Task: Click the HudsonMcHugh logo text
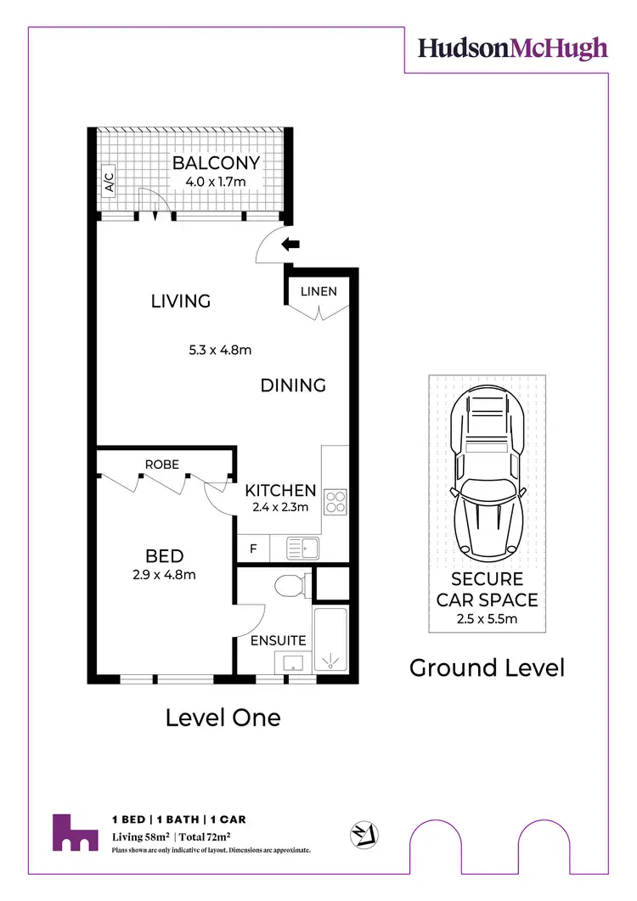(x=513, y=48)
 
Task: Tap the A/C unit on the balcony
(x=109, y=183)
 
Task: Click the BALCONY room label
(x=216, y=163)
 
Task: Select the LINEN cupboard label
(x=318, y=291)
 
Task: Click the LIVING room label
(x=181, y=301)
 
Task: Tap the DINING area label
(x=293, y=386)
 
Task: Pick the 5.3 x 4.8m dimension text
(x=220, y=349)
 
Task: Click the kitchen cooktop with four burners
(x=335, y=502)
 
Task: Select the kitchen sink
(x=302, y=548)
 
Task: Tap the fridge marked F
(x=253, y=549)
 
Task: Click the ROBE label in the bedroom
(x=161, y=465)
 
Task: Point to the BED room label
(x=165, y=556)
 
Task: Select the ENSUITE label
(x=278, y=640)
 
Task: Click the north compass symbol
(x=365, y=833)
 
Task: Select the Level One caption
(x=223, y=718)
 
